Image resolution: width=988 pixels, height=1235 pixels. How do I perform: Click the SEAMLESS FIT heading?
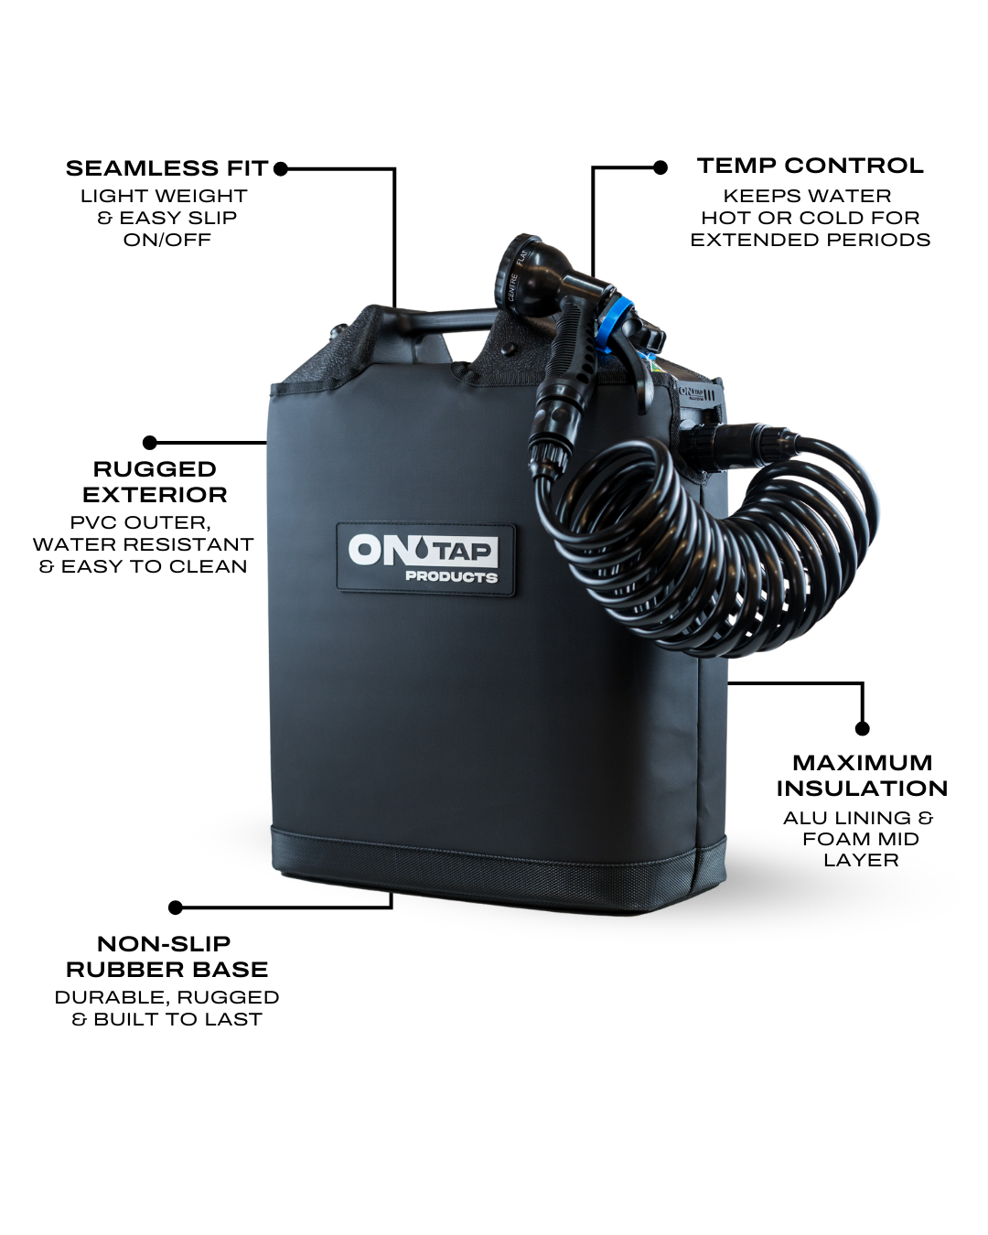(x=167, y=168)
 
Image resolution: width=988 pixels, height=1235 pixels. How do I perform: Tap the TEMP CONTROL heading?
(x=810, y=166)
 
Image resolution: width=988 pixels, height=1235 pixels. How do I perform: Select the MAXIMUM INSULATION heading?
(x=862, y=776)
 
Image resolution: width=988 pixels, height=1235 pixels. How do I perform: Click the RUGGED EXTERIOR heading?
(x=155, y=482)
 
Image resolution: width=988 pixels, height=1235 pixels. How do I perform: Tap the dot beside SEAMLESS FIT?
(x=281, y=168)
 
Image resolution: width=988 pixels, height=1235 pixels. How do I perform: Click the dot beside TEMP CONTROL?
(x=660, y=167)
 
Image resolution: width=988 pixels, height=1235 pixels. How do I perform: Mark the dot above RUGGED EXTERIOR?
(x=150, y=443)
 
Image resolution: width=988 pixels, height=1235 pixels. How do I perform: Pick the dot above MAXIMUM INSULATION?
(x=863, y=728)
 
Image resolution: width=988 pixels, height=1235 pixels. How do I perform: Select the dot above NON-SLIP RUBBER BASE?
(x=176, y=907)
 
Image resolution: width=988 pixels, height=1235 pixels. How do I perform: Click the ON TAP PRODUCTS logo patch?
(x=425, y=559)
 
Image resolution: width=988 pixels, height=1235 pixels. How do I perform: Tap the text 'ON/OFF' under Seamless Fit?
(x=167, y=240)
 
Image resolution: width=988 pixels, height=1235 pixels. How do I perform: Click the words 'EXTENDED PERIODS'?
(x=810, y=240)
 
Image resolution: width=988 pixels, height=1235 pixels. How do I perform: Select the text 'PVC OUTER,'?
(x=141, y=522)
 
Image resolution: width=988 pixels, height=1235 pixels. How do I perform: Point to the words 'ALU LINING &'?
(x=858, y=818)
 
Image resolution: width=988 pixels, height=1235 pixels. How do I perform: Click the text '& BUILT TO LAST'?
(x=167, y=1019)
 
